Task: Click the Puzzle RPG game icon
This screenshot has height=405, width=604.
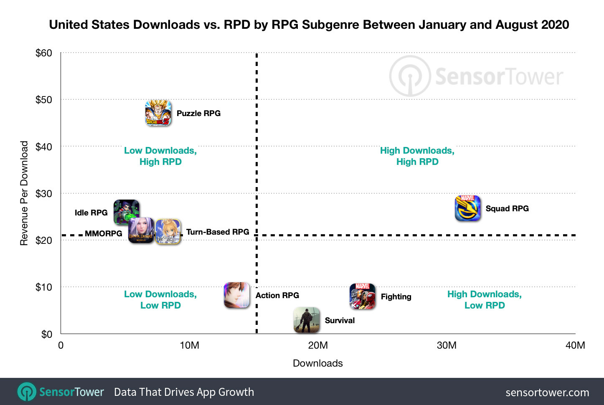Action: (158, 113)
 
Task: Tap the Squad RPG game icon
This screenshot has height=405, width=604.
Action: (467, 208)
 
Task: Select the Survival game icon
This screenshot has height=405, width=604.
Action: (307, 320)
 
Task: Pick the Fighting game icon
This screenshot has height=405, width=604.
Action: (362, 296)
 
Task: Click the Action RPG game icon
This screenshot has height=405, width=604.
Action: (237, 295)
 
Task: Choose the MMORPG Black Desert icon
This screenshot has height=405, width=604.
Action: (141, 230)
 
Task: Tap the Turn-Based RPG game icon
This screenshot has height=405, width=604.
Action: (168, 231)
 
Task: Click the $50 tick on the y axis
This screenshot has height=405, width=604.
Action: (44, 100)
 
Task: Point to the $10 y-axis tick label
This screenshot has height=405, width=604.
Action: (44, 287)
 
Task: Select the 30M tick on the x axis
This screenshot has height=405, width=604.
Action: (447, 345)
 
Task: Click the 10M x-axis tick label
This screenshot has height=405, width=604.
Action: (189, 345)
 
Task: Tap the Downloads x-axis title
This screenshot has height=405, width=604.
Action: (317, 363)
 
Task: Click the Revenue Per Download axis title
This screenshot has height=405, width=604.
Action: (24, 193)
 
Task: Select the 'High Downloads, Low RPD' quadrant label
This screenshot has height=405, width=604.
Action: (485, 300)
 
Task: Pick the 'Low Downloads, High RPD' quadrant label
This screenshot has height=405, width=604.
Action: (160, 156)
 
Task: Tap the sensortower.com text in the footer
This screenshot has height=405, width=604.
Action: (547, 392)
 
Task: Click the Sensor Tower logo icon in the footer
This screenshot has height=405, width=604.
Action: (27, 392)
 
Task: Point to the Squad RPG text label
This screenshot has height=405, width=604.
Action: (507, 208)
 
